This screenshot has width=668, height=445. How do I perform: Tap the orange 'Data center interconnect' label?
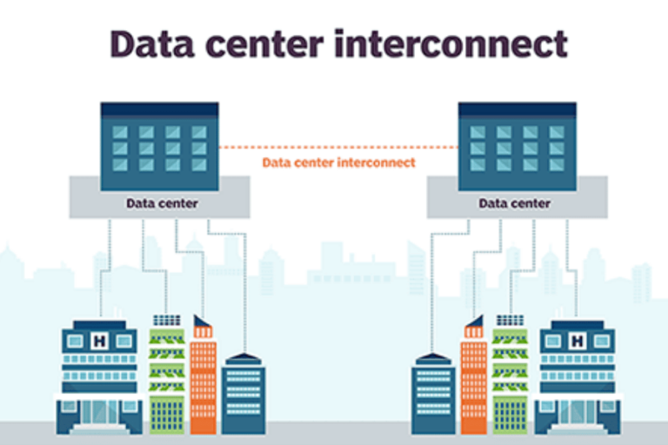[x=338, y=163]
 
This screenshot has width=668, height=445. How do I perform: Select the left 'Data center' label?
[x=162, y=203]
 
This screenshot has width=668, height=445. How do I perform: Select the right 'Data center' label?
[x=514, y=203]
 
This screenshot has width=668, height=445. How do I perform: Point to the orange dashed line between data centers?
[x=338, y=147]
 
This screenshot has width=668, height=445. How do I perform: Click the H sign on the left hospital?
[x=99, y=341]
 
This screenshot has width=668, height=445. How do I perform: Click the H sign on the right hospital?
[x=577, y=341]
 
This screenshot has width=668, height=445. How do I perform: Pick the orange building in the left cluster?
[x=203, y=382]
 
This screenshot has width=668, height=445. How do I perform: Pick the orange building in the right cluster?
[x=474, y=382]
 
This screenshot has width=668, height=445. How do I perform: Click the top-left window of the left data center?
[x=121, y=133]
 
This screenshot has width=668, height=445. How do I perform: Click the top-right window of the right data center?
[x=556, y=133]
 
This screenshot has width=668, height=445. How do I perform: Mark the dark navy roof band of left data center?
[x=159, y=109]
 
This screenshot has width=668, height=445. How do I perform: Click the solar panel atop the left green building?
[x=166, y=320]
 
